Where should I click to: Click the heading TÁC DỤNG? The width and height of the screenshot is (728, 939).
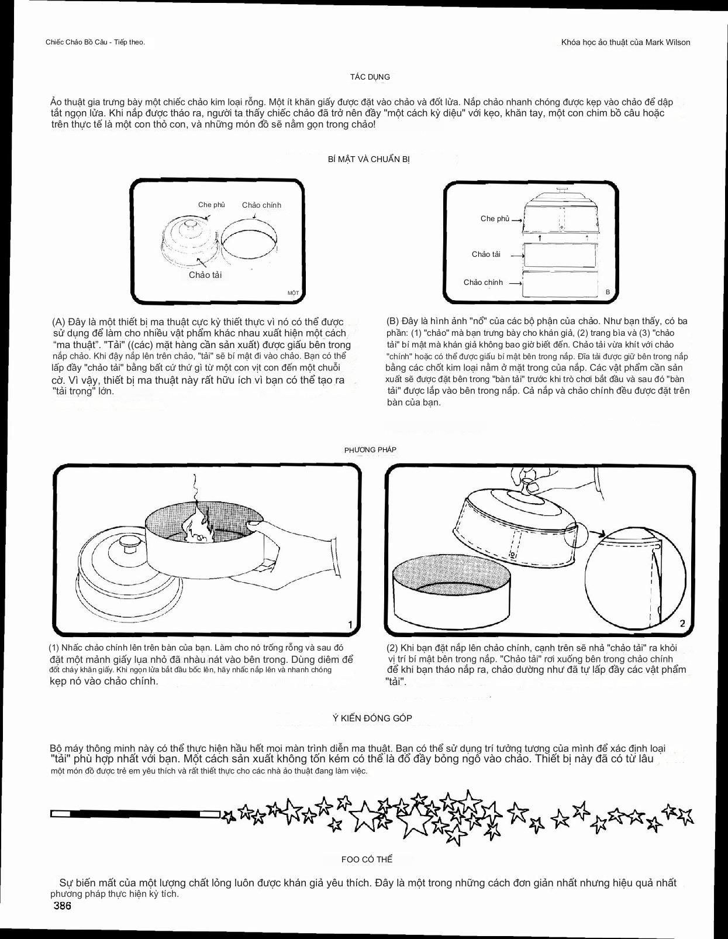tap(370, 77)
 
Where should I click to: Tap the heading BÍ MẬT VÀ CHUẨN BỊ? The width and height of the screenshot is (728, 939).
tap(369, 159)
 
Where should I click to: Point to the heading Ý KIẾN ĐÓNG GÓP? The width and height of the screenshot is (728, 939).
tap(372, 718)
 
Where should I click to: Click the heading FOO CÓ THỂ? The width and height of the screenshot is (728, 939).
tap(367, 859)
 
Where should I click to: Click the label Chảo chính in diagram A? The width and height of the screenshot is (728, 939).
tap(261, 205)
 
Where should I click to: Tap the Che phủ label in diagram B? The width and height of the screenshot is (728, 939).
tap(495, 219)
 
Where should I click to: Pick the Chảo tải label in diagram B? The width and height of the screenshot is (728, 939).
tap(486, 254)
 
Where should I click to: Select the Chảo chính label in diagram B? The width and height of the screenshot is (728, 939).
tap(483, 283)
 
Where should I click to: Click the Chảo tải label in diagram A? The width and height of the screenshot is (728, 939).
tap(205, 275)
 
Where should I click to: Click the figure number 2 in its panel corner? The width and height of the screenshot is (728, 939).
tap(682, 624)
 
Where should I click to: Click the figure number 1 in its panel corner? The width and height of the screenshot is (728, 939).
tap(350, 625)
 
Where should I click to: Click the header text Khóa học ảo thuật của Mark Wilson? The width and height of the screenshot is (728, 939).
tap(625, 42)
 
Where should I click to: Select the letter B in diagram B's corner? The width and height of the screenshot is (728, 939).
tap(608, 292)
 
